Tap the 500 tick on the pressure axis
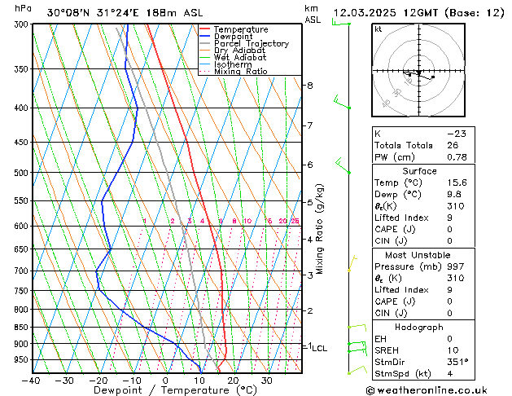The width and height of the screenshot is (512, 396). click(x=20, y=173)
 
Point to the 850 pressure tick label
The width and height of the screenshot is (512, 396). click(x=20, y=328)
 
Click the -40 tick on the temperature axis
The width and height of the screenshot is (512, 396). click(x=32, y=381)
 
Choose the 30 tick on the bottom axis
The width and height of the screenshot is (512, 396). click(x=266, y=381)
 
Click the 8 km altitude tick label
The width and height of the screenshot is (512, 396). click(x=310, y=86)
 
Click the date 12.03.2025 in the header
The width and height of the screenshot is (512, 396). click(x=362, y=13)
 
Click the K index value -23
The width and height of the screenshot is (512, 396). click(x=454, y=133)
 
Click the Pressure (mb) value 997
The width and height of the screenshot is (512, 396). click(x=452, y=266)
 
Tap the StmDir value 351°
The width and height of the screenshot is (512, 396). click(x=453, y=362)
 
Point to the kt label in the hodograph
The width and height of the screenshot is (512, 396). click(x=378, y=29)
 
